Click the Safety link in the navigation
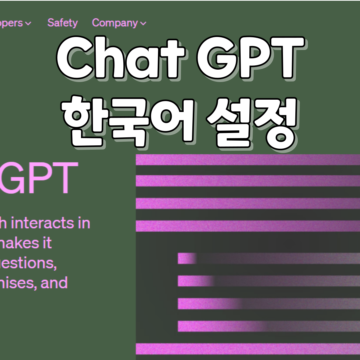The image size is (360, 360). (x=62, y=23)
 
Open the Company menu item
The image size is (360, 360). (x=115, y=23)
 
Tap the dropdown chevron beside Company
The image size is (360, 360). (x=143, y=23)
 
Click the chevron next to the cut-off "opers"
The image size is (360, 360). (x=28, y=23)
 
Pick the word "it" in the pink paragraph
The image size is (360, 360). (x=46, y=243)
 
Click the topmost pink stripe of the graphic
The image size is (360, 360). (x=248, y=160)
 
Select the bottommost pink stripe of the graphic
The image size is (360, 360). (x=248, y=349)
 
